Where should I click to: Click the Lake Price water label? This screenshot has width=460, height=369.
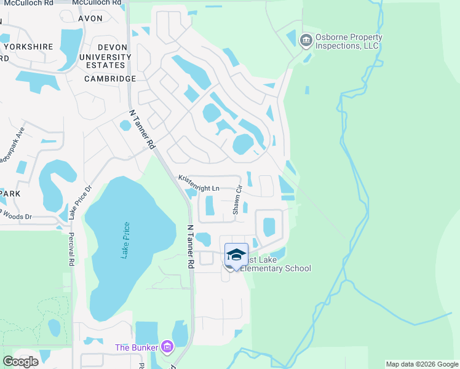click(x=126, y=240)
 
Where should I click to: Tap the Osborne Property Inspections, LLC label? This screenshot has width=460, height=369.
click(x=349, y=41)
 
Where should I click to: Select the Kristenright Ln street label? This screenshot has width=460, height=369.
click(x=199, y=183)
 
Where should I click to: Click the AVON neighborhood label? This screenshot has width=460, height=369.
click(x=90, y=18)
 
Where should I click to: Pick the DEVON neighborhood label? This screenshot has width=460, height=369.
click(x=114, y=46)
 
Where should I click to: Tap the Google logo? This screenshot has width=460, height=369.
click(x=20, y=362)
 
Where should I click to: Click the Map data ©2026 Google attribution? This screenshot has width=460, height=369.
click(x=421, y=364)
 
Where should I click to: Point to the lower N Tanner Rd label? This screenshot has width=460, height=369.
click(x=190, y=246)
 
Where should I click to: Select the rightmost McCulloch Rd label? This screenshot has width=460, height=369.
click(x=97, y=2)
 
